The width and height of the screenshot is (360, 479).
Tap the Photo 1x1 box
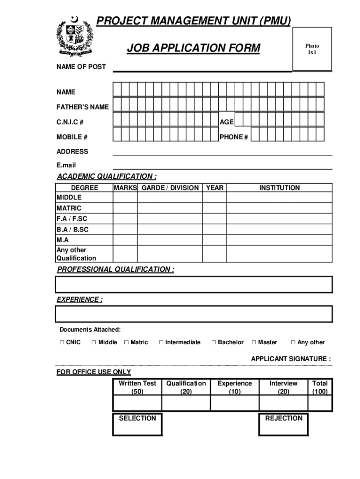pyautogui.click(x=312, y=48)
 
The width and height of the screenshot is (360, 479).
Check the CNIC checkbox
pyautogui.click(x=62, y=342)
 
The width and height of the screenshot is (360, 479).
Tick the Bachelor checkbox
pyautogui.click(x=214, y=342)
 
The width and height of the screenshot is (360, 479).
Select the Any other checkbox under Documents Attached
pyautogui.click(x=293, y=342)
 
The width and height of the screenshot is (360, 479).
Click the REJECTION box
pyautogui.click(x=283, y=424)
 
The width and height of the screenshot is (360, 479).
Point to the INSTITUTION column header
pyautogui.click(x=280, y=188)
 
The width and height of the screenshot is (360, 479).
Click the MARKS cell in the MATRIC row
pyautogui.click(x=125, y=208)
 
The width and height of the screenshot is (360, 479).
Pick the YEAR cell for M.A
pyautogui.click(x=215, y=239)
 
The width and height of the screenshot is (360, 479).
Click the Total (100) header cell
pyautogui.click(x=320, y=387)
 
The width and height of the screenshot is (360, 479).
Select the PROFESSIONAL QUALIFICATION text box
pyautogui.click(x=194, y=284)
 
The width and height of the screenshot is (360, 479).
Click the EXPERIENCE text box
pyautogui.click(x=194, y=314)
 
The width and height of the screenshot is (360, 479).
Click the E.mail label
pyautogui.click(x=66, y=165)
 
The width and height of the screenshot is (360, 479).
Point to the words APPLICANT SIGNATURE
pyautogui.click(x=291, y=359)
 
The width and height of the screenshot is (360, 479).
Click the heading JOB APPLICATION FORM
pyautogui.click(x=194, y=48)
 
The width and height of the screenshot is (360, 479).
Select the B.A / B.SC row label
pyautogui.click(x=72, y=230)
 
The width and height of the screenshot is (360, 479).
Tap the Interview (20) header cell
pyautogui.click(x=283, y=387)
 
